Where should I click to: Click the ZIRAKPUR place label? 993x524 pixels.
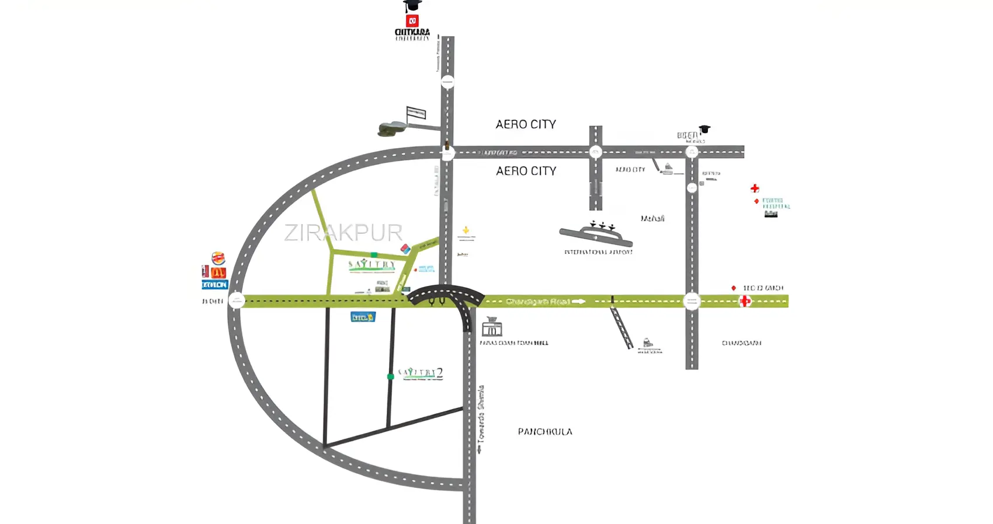343,232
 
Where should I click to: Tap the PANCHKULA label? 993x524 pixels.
545,432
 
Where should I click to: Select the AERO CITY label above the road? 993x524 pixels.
526,124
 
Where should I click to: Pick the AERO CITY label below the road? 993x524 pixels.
526,171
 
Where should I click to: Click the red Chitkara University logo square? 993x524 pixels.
412,22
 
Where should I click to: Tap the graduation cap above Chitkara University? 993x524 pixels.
412,6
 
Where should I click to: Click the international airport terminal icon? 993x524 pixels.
596,235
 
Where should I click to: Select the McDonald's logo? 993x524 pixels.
218,272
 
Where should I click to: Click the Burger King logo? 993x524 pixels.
218,258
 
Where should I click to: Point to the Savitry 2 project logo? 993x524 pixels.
421,373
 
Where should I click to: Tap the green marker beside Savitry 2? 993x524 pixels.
390,377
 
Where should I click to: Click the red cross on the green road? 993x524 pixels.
745,301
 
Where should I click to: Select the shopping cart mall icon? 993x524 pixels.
492,328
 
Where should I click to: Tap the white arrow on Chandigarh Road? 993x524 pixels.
578,302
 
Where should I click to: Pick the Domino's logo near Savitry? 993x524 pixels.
405,249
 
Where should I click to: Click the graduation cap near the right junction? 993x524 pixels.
705,129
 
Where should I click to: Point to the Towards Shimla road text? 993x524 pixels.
481,419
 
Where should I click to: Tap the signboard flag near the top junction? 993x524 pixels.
416,113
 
